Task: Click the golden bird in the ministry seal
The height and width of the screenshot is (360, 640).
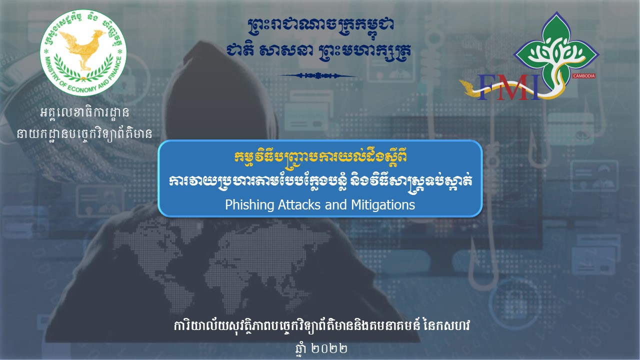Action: [x=82, y=48]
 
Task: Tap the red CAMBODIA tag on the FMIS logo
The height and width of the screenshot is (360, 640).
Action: [x=583, y=75]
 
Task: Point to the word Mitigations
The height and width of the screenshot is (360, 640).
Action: [x=383, y=205]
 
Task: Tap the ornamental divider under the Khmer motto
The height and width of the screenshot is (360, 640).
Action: [x=317, y=75]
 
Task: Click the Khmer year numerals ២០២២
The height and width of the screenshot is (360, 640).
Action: [x=329, y=348]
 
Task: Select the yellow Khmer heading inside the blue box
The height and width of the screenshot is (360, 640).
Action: [x=320, y=157]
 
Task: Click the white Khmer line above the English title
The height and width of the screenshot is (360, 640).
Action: [x=320, y=180]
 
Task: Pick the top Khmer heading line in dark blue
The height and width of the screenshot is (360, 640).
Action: [x=320, y=25]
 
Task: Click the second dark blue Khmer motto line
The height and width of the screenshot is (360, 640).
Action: [x=318, y=51]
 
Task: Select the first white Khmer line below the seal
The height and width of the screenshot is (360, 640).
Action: [x=84, y=112]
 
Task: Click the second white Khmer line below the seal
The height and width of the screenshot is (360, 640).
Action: [x=84, y=133]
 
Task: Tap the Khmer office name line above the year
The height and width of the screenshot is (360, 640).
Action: [x=322, y=325]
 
